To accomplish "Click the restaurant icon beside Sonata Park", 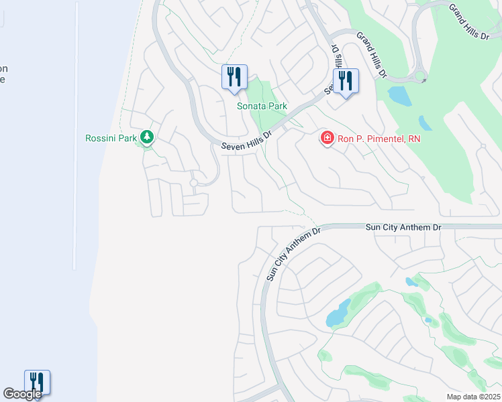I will pyautogui.click(x=234, y=76).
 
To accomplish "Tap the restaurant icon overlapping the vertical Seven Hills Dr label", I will pyautogui.click(x=346, y=81).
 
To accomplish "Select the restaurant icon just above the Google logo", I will pyautogui.click(x=38, y=383).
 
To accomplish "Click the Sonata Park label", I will pyautogui.click(x=262, y=106).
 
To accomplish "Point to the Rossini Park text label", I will pyautogui.click(x=111, y=139).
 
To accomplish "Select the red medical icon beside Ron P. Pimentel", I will pyautogui.click(x=327, y=138).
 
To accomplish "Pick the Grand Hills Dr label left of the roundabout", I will pyautogui.click(x=371, y=54).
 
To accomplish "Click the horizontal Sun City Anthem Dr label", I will pyautogui.click(x=403, y=228).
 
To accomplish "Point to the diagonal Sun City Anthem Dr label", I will pyautogui.click(x=294, y=253).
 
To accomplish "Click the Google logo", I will pyautogui.click(x=22, y=394).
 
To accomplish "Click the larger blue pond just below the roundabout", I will pyautogui.click(x=400, y=97).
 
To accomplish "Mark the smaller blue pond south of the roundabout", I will pyautogui.click(x=425, y=123).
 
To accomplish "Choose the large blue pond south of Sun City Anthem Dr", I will pyautogui.click(x=338, y=314).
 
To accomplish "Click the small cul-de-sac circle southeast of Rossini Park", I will pyautogui.click(x=193, y=182).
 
